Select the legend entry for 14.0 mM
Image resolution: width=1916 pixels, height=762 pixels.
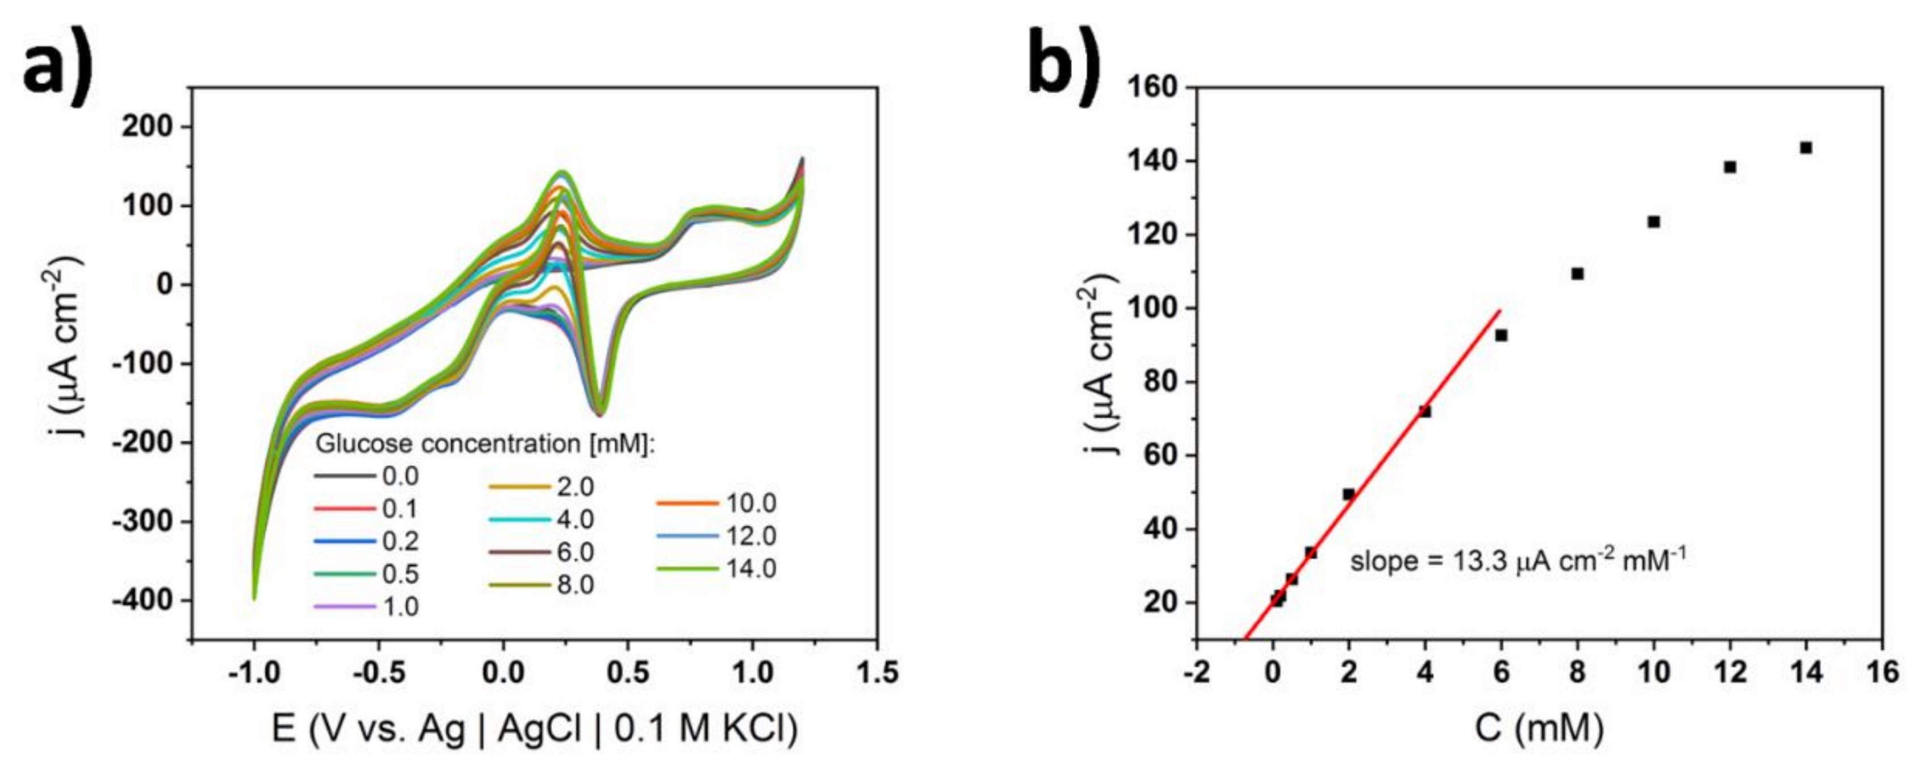(717, 569)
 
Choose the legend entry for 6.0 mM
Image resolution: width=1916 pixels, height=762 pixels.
(542, 552)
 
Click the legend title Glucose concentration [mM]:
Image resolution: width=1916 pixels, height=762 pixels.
(485, 444)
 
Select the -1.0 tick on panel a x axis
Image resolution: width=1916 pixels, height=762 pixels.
(254, 673)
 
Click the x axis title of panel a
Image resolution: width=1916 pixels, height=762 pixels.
(534, 728)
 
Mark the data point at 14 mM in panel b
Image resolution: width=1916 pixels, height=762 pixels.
(1806, 148)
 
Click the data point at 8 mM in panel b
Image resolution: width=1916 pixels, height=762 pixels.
(1578, 274)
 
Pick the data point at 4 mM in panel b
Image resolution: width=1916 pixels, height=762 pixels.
(1425, 411)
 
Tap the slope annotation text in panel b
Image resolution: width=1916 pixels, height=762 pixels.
(1517, 560)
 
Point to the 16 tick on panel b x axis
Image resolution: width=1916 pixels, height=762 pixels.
(1882, 673)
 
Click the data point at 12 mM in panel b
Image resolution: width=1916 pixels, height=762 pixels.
(1730, 168)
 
